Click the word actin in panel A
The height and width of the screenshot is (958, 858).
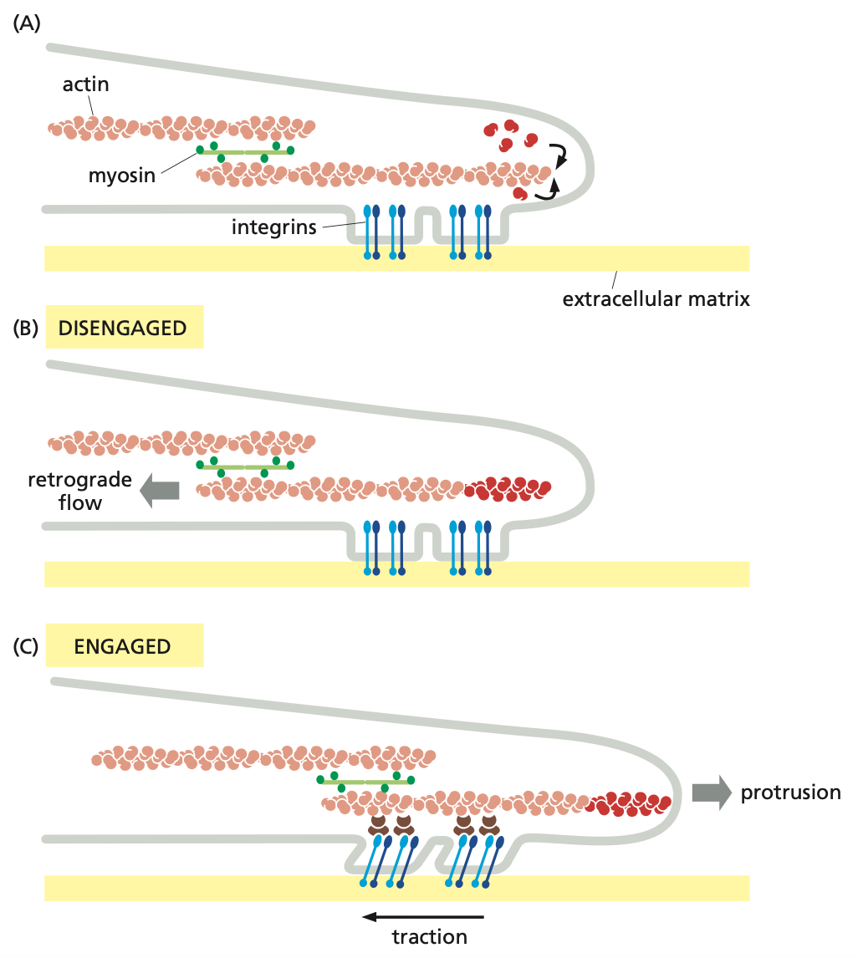pos(85,84)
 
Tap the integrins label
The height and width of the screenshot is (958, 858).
pos(274,227)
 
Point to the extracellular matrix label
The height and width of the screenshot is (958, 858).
pos(656,298)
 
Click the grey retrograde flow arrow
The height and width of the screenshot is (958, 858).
pos(159,490)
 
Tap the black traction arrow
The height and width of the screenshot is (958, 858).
pos(422,916)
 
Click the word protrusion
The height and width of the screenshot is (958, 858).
pos(790,792)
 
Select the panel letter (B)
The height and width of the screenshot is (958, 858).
pos(25,328)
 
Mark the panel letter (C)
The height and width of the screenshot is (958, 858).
pos(25,646)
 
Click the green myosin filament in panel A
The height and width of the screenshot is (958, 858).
pos(244,151)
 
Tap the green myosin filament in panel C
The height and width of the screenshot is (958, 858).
pos(365,781)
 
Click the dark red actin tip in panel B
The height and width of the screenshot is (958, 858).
pos(508,488)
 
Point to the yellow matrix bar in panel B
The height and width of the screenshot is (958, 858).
pos(396,574)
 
